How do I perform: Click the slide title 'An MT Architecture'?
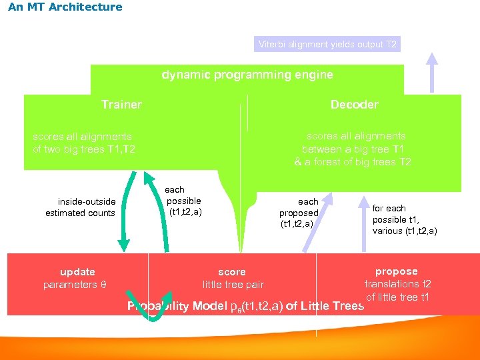pos(65,7)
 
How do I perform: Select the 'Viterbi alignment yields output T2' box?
pos(328,45)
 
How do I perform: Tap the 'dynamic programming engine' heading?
pos(247,75)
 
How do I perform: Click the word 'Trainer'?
pos(121,105)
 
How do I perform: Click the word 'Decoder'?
pos(354,105)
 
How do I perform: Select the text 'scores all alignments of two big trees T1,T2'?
pos(84,143)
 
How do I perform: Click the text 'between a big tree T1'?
pos(353,149)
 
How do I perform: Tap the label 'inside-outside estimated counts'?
pos(81,207)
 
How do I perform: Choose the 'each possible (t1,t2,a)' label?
pos(184,201)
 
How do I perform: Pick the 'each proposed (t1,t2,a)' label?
pos(299,213)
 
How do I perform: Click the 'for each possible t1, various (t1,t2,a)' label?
pos(404,219)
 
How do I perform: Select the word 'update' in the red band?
pos(77,272)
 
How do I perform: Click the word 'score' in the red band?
pos(232,272)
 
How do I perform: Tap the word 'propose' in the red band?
pos(397,271)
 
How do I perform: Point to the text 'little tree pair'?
pos(233,285)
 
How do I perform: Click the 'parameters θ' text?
pos(75,285)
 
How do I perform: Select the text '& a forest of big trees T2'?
pos(353,162)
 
